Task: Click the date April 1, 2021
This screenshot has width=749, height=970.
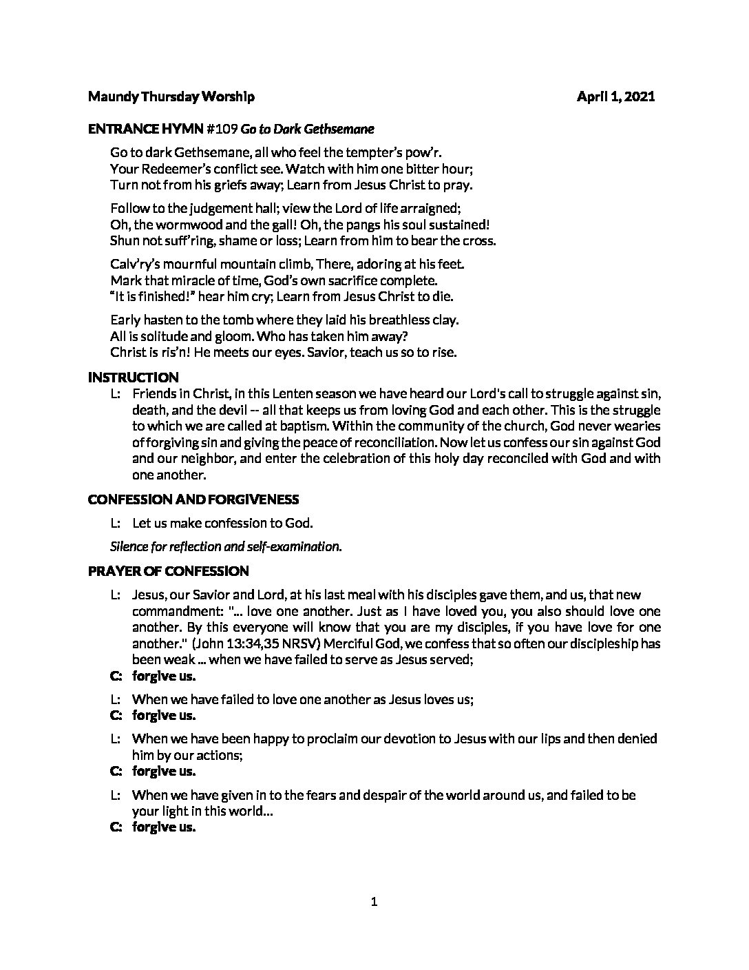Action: coord(615,97)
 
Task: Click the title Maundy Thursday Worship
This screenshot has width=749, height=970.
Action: coord(171,97)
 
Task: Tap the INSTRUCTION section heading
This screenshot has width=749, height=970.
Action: coord(134,378)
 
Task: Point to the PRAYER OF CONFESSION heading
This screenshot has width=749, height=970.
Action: coord(169,571)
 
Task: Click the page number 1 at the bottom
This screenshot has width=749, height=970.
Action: coord(374,902)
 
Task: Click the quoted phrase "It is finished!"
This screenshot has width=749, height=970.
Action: coord(152,297)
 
